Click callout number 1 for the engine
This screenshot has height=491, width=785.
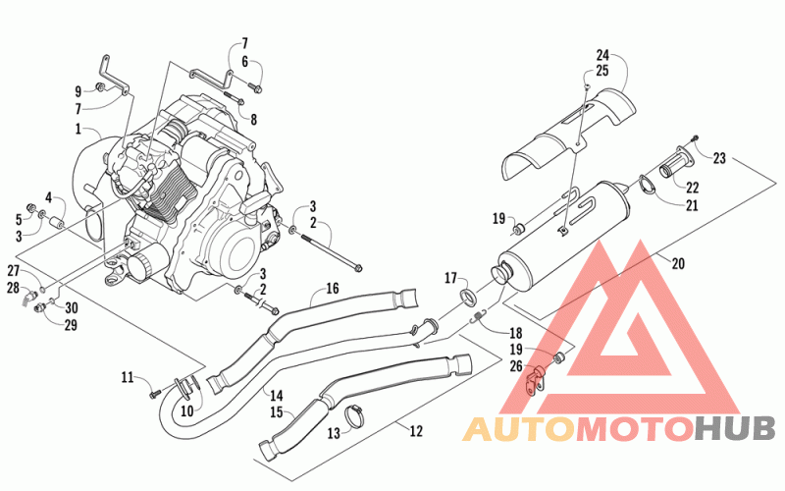click(x=78, y=130)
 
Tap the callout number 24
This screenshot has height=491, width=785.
click(x=602, y=55)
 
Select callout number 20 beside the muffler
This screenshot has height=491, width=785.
click(x=678, y=263)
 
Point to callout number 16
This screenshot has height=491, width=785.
click(x=333, y=288)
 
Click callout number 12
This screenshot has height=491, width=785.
click(x=416, y=431)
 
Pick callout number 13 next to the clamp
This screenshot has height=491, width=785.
click(x=334, y=433)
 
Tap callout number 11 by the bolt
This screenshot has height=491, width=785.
click(x=128, y=377)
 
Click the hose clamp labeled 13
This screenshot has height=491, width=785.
click(x=354, y=416)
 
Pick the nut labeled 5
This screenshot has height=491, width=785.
click(x=31, y=207)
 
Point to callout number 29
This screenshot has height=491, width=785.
click(x=71, y=325)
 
